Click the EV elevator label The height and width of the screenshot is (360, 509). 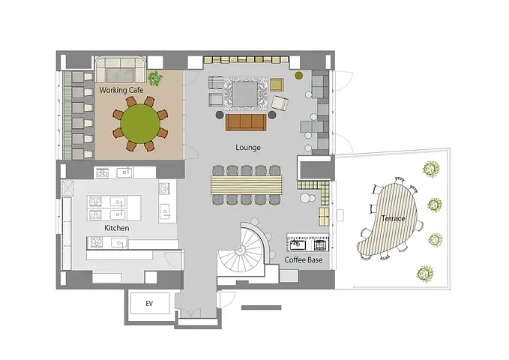tap(149, 304)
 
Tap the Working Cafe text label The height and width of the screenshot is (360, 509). tap(121, 90)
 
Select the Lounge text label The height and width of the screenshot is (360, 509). tap(248, 148)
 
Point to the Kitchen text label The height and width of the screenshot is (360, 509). tap(116, 228)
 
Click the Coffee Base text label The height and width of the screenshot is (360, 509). tap(304, 260)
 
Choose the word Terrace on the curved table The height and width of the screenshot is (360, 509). tap(393, 218)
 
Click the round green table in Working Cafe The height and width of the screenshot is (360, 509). tap(140, 124)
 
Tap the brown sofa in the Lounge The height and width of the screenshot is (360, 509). tap(246, 122)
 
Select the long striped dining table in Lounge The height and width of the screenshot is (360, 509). tap(247, 184)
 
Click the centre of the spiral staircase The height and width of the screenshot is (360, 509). tap(241, 250)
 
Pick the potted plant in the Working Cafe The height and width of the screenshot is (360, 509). tap(155, 78)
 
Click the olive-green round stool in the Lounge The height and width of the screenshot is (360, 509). tap(298, 76)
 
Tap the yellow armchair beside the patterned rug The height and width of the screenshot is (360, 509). tap(277, 85)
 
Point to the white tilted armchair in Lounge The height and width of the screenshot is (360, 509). tap(280, 103)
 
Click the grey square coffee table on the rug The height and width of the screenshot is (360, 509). tap(245, 93)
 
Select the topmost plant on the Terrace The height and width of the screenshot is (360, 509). tap(431, 169)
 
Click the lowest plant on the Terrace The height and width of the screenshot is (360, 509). tap(424, 274)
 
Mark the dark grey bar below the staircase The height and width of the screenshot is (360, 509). tap(262, 307)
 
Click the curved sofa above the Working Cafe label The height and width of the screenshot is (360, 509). tap(121, 70)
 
